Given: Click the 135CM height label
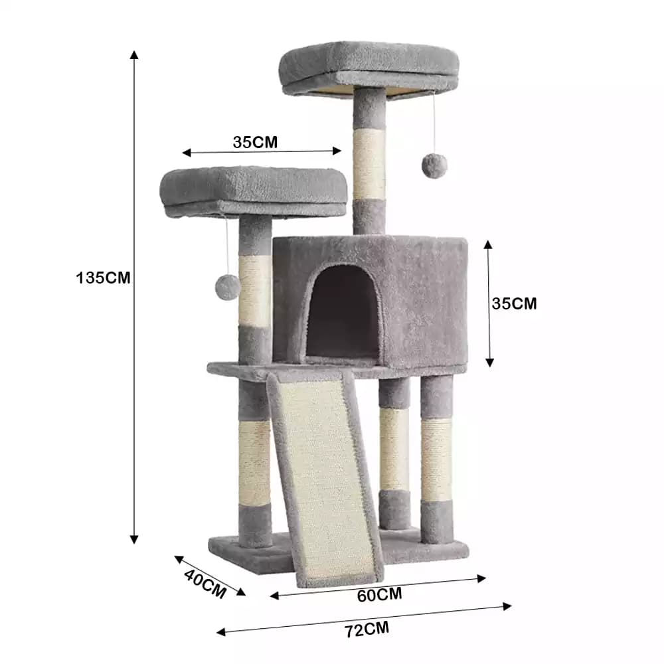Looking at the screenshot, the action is click(x=103, y=278).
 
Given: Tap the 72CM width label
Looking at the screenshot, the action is click(x=367, y=629).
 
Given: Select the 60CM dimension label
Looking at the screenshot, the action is click(x=379, y=595).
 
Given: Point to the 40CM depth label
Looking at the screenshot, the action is click(x=205, y=584).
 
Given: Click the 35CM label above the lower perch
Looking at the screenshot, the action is click(x=255, y=142).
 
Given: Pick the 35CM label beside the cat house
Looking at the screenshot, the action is click(x=514, y=303).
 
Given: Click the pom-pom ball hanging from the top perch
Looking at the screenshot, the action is click(x=434, y=166).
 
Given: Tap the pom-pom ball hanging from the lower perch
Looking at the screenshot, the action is click(x=228, y=288).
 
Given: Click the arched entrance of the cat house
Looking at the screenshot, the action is click(x=342, y=313).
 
